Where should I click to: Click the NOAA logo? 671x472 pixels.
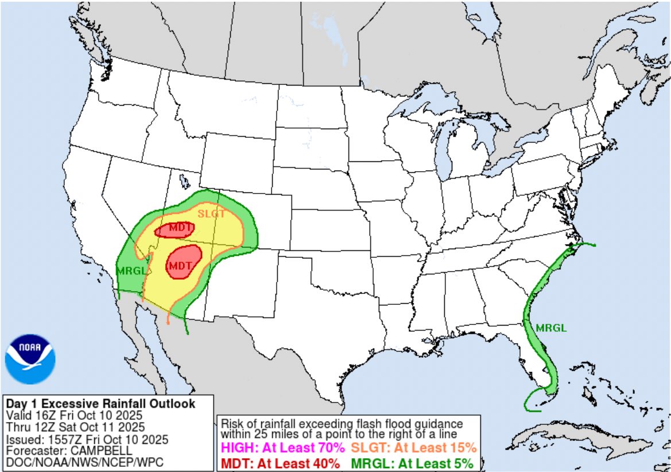(30, 359)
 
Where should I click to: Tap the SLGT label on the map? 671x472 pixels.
(209, 213)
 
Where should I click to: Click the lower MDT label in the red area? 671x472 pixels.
(179, 266)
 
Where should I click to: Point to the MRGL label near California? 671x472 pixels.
(129, 270)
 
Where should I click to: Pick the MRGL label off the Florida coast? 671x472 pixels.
(551, 328)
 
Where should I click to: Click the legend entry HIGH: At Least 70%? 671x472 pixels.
(283, 447)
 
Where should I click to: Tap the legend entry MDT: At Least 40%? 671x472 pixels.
(281, 463)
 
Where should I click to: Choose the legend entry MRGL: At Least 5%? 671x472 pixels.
(412, 463)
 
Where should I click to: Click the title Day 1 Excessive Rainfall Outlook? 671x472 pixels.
(100, 404)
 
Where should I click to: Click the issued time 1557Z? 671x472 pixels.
(64, 440)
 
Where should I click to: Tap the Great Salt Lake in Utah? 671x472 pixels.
(183, 181)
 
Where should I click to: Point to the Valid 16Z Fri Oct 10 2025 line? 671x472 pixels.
(74, 415)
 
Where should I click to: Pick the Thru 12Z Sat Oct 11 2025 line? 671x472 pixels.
(75, 427)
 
